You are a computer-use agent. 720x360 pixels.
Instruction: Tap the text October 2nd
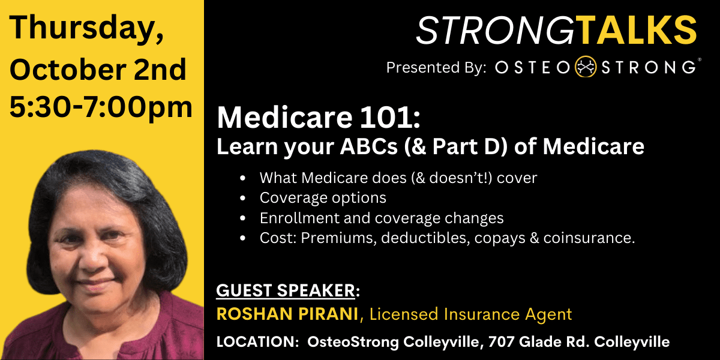[x=98, y=70]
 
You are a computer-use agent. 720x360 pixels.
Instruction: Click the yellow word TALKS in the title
[x=636, y=30]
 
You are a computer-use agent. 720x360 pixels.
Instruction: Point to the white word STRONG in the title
[x=496, y=30]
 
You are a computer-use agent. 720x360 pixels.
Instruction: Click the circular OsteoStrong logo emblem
[x=586, y=67]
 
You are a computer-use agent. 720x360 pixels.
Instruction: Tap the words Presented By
[x=436, y=67]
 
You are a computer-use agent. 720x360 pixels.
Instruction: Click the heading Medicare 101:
[x=319, y=118]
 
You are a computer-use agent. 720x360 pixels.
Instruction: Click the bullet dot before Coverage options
[x=242, y=198]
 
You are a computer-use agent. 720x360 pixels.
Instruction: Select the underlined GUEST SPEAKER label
[x=286, y=290]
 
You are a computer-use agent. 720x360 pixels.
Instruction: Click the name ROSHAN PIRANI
[x=287, y=314]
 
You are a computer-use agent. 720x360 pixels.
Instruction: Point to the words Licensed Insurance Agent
[x=471, y=314]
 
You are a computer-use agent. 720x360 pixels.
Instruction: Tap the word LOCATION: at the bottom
[x=258, y=341]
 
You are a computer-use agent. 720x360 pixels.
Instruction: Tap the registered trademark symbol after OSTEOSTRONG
[x=700, y=60]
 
